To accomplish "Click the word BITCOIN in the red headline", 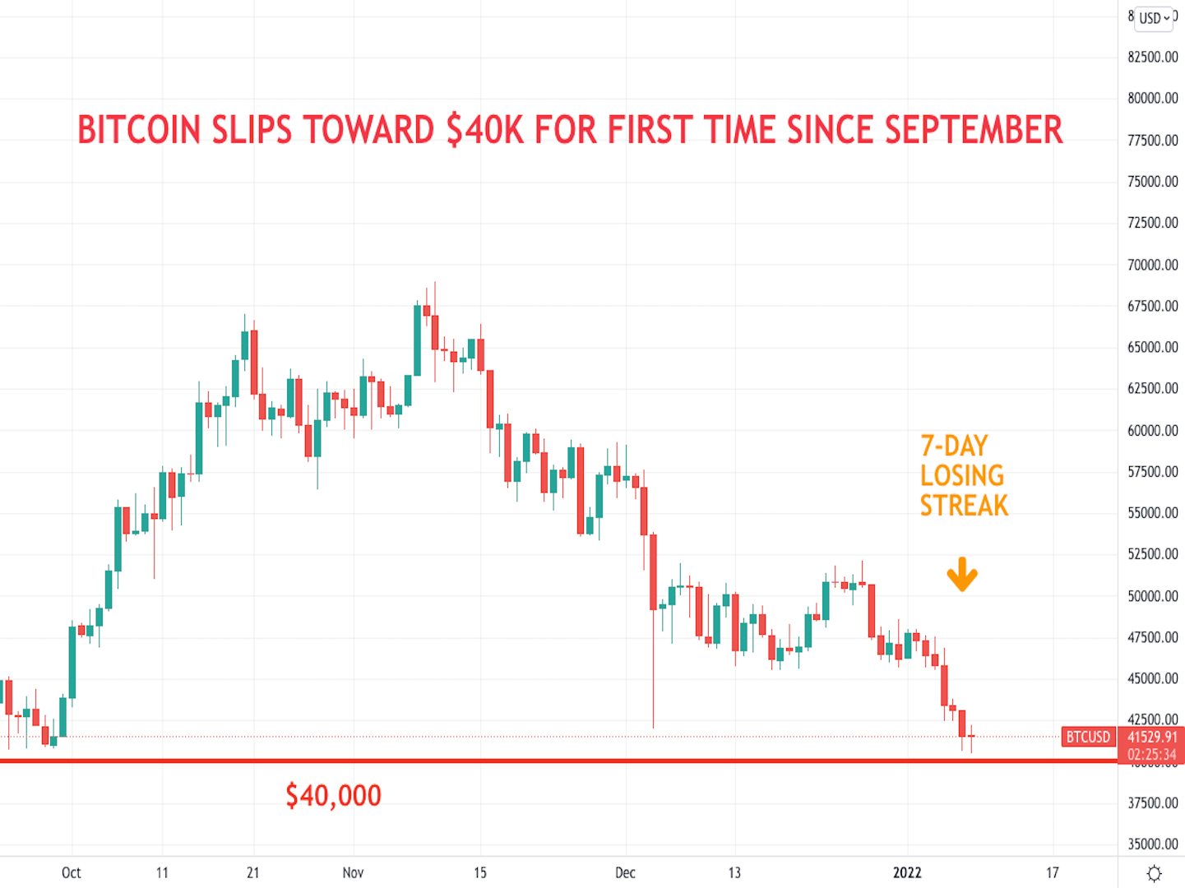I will [139, 131].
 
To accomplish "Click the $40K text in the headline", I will [484, 131].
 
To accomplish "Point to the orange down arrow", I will [961, 575].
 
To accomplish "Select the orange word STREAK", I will [964, 506].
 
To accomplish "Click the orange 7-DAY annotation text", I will [954, 446].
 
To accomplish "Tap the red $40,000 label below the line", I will [333, 796].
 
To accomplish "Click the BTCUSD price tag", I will [1087, 737].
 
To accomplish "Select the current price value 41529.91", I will [1151, 737].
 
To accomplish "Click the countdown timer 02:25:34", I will [1151, 754].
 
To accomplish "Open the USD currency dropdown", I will [1154, 18].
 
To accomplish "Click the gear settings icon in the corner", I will [1154, 873].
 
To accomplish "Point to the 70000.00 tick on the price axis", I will [1152, 265].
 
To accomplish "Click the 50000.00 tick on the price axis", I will [1152, 596].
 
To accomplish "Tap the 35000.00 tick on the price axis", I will [1152, 844].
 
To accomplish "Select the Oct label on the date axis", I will [72, 873].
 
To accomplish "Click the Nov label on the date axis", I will [353, 873].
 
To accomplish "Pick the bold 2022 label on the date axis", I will [908, 873].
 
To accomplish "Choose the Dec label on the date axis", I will [625, 873].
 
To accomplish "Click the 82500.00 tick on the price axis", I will [1152, 57].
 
